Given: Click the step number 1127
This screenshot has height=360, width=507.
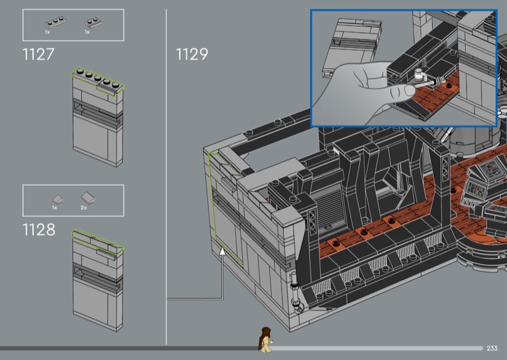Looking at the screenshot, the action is point(38,54).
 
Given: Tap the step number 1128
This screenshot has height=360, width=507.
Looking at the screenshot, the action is point(39,229).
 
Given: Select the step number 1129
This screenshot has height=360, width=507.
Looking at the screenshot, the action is point(192,54).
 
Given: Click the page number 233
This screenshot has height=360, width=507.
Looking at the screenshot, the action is point(492,348).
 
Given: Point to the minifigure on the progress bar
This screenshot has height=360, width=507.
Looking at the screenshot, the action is point(266,340).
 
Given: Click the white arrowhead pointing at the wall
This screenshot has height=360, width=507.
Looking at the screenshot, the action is point(222,252).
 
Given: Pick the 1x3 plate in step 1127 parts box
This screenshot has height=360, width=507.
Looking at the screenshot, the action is point(55,22).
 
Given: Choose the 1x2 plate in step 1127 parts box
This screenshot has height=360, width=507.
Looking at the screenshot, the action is point(94,22).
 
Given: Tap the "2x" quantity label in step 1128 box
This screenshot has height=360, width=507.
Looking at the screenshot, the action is point(84,208).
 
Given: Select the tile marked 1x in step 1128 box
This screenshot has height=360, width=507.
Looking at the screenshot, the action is point(57,199).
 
